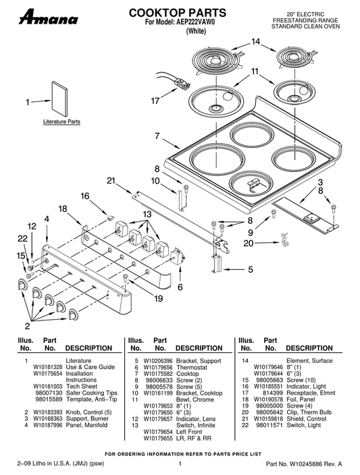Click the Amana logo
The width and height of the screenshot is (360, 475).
pyautogui.click(x=49, y=18)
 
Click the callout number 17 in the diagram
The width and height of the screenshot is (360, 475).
pyautogui.click(x=155, y=101)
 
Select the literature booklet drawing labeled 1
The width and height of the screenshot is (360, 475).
pyautogui.click(x=59, y=99)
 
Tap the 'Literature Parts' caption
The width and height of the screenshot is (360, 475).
pyautogui.click(x=61, y=121)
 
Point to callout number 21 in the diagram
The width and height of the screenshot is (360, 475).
pyautogui.click(x=111, y=181)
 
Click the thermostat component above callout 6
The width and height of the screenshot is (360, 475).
pyautogui.click(x=178, y=258)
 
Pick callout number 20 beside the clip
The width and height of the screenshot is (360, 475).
pyautogui.click(x=248, y=243)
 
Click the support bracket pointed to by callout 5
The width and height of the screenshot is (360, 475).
pyautogui.click(x=217, y=264)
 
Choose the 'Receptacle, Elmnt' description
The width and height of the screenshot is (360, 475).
pyautogui.click(x=311, y=393)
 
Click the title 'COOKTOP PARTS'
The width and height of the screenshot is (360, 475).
pyautogui.click(x=178, y=13)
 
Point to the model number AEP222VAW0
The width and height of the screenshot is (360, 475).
pyautogui.click(x=195, y=22)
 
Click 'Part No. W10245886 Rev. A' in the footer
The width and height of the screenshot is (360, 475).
pyautogui.click(x=304, y=464)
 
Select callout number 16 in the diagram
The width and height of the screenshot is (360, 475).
pyautogui.click(x=85, y=196)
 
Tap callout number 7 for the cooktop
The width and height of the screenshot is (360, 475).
pyautogui.click(x=157, y=136)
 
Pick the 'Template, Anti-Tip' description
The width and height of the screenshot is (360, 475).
pyautogui.click(x=91, y=399)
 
